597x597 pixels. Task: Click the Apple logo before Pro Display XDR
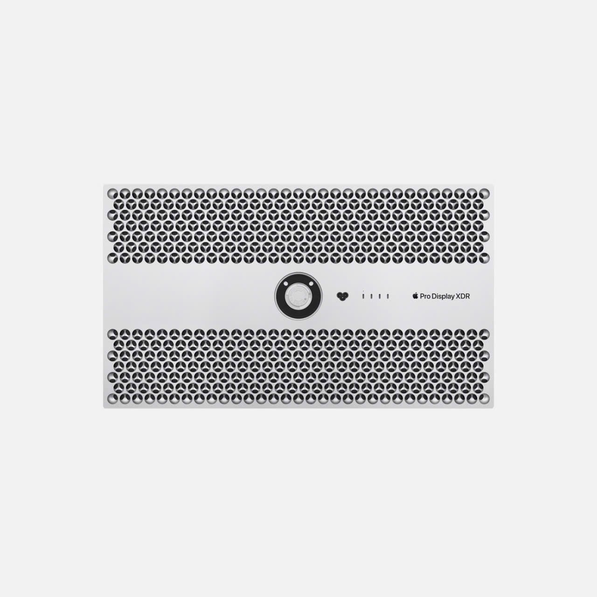pyautogui.click(x=415, y=296)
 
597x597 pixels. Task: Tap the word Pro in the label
pyautogui.click(x=425, y=296)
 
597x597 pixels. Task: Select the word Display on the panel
pyautogui.click(x=444, y=297)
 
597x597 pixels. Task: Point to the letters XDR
pyautogui.click(x=463, y=296)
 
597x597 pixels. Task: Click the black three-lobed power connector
pyautogui.click(x=342, y=296)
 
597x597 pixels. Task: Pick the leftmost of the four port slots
pyautogui.click(x=363, y=296)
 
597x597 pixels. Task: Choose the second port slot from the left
pyautogui.click(x=371, y=296)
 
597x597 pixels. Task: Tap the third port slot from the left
pyautogui.click(x=380, y=296)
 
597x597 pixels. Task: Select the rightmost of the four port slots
pyautogui.click(x=388, y=296)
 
